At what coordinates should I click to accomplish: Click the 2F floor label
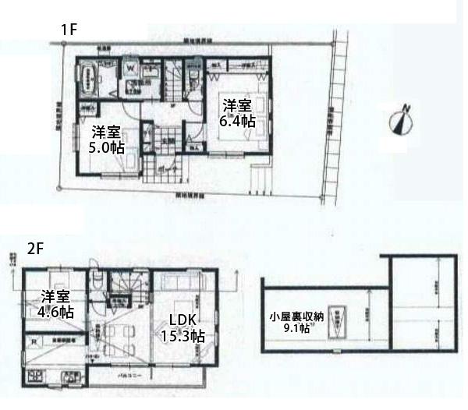point(34,250)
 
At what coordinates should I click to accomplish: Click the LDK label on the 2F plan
point(181,320)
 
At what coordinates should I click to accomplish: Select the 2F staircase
point(123,288)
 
